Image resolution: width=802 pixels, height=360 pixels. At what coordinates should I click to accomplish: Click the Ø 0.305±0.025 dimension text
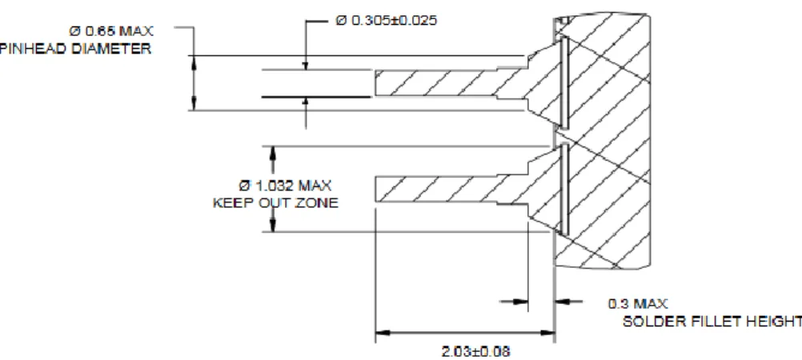386,21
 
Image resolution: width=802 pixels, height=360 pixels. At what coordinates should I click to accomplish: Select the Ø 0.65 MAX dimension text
111,31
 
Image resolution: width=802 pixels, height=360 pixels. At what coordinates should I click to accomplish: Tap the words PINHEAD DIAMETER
75,49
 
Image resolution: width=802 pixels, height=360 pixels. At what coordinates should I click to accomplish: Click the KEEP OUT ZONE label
275,203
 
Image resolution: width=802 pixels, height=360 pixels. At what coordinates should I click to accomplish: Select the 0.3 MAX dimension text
638,304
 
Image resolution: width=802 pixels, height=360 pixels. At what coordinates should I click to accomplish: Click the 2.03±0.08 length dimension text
475,352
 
